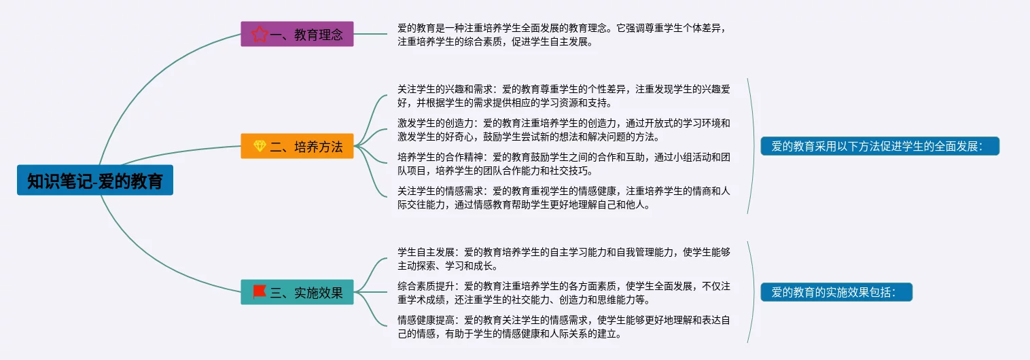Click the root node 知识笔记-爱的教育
pos(94,180)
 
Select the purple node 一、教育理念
pos(297,34)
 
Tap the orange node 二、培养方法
pos(297,146)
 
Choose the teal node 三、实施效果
pos(297,292)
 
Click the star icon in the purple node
pos(259,34)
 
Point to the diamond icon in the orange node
pos(259,146)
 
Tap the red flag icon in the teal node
pos(259,292)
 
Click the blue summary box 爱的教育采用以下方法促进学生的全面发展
pos(880,146)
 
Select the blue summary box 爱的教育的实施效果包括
pos(836,292)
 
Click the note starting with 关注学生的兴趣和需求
pos(563,96)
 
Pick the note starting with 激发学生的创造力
pos(563,130)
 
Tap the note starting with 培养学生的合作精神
pos(563,164)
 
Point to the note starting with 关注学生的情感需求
pos(563,198)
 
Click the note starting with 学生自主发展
pos(563,259)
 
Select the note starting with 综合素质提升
pos(563,292)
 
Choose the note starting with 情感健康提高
pos(563,326)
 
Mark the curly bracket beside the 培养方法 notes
pos(752,146)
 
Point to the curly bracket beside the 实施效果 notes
pos(752,292)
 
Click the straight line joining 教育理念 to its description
pos(370,34)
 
